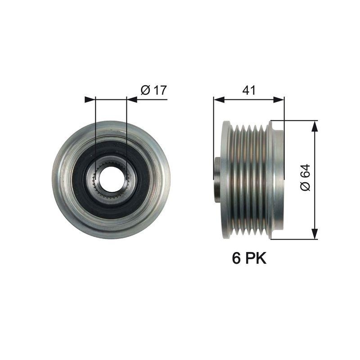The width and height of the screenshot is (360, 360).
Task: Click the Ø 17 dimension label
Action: point(153,90)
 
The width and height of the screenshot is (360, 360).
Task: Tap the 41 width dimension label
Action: point(249,90)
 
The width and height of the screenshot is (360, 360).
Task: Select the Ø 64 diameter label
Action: point(306,178)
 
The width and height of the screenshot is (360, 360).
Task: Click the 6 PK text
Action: point(249,258)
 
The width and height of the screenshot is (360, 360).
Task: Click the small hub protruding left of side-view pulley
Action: point(217,179)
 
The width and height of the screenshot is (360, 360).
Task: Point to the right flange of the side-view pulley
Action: point(275,179)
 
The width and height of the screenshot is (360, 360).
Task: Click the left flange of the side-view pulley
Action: point(225,179)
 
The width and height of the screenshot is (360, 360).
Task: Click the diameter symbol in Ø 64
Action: point(306,187)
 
